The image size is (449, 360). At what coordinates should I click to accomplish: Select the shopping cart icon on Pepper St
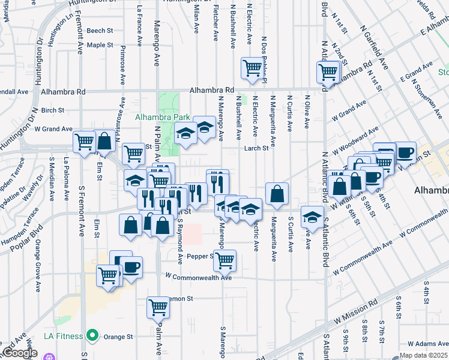[x=225, y=260]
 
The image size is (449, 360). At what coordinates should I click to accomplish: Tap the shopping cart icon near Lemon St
[x=158, y=308]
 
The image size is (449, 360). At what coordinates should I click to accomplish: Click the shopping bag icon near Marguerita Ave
[x=277, y=194]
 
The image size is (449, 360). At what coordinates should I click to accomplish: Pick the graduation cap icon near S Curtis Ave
[x=312, y=216]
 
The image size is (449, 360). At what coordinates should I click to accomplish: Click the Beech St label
[x=100, y=31]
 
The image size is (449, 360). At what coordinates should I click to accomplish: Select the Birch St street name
[x=53, y=110]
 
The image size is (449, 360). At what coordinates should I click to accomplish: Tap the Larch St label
[x=255, y=148]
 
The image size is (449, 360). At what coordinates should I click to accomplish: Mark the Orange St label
[x=118, y=337]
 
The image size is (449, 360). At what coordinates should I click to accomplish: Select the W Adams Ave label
[x=427, y=344]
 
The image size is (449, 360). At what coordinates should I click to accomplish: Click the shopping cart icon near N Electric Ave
[x=252, y=68]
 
